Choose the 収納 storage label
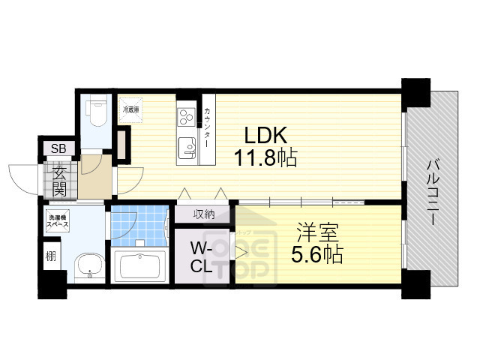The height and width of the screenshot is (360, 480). pos(204,214)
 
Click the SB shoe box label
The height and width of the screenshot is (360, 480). pos(58,148)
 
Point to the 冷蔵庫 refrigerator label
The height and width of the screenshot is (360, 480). pos(131,108)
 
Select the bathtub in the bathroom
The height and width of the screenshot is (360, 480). pos(141,267)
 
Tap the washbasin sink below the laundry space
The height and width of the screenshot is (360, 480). pos(91,265)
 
